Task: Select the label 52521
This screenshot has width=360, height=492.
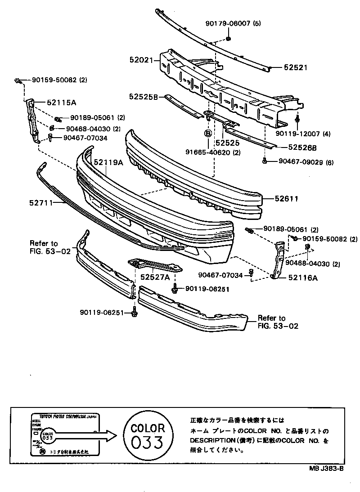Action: [295, 67]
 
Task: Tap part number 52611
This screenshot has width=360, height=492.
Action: [288, 198]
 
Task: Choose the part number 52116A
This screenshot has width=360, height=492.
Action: [303, 278]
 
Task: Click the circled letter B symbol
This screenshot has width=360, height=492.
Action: [208, 134]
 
